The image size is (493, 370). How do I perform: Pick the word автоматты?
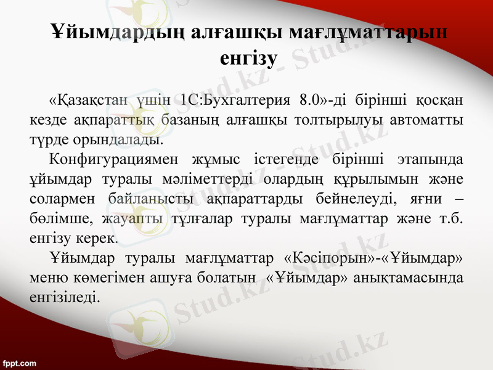pyautogui.click(x=433, y=119)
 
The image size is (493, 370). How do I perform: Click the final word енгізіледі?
pyautogui.click(x=63, y=297)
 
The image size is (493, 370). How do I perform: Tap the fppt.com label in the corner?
pyautogui.click(x=19, y=363)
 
